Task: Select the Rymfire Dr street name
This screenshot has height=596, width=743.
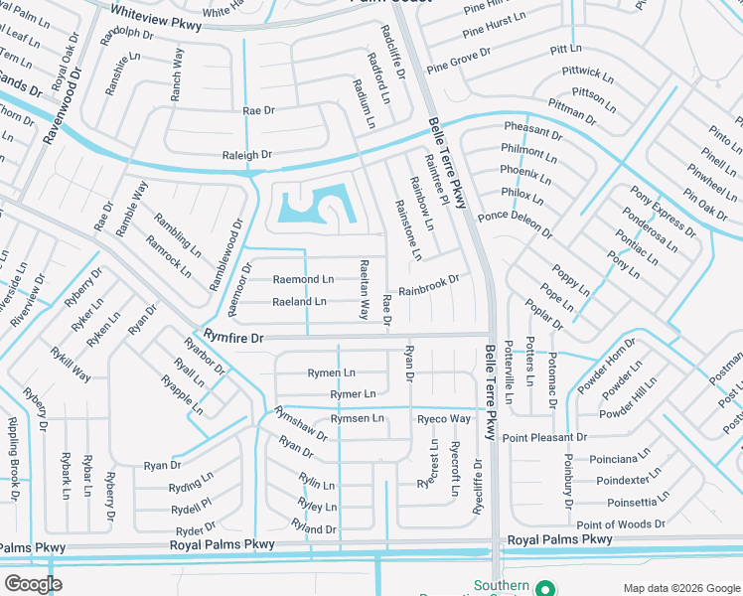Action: coord(233,338)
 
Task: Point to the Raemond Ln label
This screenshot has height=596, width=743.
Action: coord(303,280)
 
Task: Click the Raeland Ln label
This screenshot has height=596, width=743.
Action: coord(299,301)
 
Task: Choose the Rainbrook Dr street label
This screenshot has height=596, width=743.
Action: coord(429,286)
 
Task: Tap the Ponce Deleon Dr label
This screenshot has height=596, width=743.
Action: coord(515,223)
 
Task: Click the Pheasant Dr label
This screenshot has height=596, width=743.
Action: coord(532,130)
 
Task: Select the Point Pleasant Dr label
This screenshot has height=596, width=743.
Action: coord(544,437)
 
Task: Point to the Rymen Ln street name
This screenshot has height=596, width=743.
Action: coord(332,372)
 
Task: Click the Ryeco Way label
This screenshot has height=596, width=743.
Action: coord(443,418)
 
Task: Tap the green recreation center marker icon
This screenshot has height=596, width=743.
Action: coord(543,588)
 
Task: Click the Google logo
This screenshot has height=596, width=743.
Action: coord(33,583)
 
